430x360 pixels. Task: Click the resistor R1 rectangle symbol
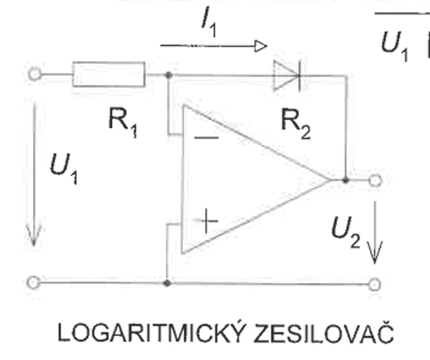pyautogui.click(x=109, y=74)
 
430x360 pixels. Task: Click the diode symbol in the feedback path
pyautogui.click(x=286, y=75)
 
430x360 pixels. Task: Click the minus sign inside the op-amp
pyautogui.click(x=206, y=137)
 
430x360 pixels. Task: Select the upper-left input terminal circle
pyautogui.click(x=35, y=74)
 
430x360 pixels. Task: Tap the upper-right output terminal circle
pyautogui.click(x=376, y=180)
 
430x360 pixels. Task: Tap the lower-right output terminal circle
pyautogui.click(x=376, y=283)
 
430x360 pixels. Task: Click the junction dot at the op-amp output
pyautogui.click(x=345, y=180)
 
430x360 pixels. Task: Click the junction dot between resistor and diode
pyautogui.click(x=169, y=75)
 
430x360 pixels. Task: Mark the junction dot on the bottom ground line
pyautogui.click(x=168, y=282)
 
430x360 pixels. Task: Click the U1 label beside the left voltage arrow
pyautogui.click(x=63, y=170)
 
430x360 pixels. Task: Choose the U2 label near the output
pyautogui.click(x=347, y=230)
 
